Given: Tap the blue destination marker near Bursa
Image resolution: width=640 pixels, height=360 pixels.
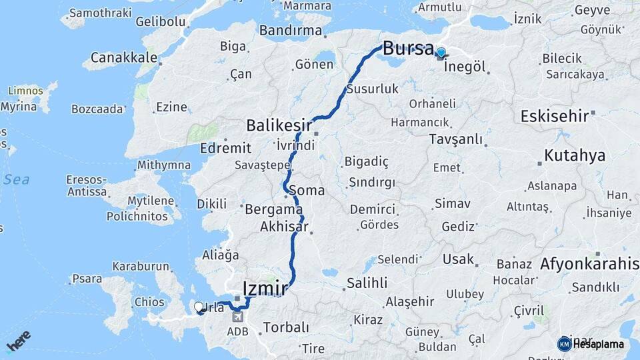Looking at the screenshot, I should click(441, 53).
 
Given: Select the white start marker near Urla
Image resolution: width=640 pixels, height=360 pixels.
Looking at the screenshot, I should click(198, 307).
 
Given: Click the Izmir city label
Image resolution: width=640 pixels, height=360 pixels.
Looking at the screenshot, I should click(265, 289).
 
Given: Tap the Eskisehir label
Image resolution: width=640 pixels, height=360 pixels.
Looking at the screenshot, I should click(555, 115).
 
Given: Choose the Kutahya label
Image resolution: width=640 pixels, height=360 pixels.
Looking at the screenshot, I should click(574, 156).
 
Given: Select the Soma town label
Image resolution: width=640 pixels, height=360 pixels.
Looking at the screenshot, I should click(307, 191).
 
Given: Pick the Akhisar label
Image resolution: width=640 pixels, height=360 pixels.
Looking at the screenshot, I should click(284, 227).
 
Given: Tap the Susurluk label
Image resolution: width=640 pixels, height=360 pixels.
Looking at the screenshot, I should click(372, 89).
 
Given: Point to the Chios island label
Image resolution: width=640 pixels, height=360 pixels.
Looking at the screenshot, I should click(149, 302).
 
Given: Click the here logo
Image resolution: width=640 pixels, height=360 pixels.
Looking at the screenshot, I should click(18, 341).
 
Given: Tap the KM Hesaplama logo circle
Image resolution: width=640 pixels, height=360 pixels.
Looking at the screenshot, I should click(564, 344).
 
